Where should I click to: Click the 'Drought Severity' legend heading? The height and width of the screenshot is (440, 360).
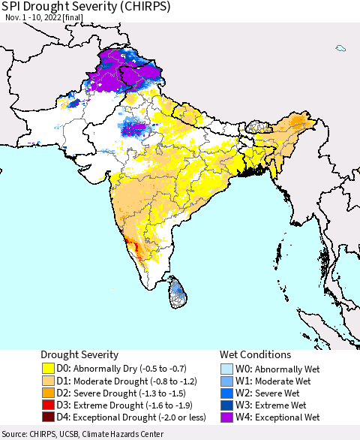tap(79, 354)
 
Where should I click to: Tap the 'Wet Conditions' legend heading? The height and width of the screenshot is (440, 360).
tap(255, 354)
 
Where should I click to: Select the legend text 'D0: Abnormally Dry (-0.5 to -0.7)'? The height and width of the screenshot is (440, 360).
tap(125, 369)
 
